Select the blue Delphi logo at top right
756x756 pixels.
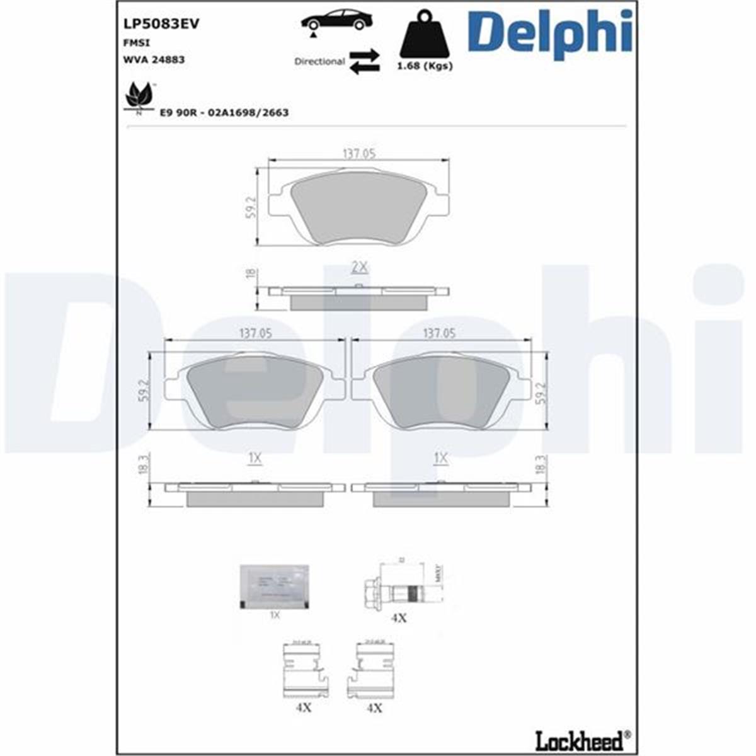point(549,33)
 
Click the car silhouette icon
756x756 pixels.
point(336,21)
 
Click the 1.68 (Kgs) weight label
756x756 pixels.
point(424,66)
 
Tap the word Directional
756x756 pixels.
point(319,62)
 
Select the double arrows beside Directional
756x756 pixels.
point(365,62)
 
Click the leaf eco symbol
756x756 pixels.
point(139,97)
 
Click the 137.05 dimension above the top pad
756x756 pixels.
point(358,153)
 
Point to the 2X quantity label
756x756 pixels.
point(358,267)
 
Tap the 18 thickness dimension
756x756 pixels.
point(250,273)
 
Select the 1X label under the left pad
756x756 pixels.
point(255,459)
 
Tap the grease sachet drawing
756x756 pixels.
point(274,587)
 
